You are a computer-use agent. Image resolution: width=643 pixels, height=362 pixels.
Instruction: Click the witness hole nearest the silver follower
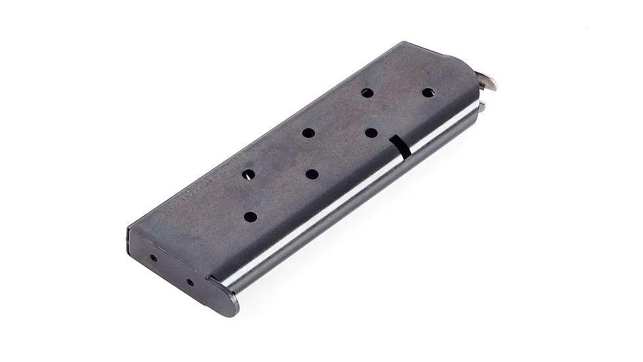pos(429,93)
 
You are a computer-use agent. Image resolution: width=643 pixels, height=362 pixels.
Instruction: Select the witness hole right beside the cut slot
pos(371,132)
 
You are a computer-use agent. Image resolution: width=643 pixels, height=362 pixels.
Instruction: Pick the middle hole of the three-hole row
pos(308,133)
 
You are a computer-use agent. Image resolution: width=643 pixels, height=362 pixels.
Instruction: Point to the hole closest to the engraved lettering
pos(249,174)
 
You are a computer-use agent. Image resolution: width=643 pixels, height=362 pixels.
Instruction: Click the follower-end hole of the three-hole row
pos(367,93)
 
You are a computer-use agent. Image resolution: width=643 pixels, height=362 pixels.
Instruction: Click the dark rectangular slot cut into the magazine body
pos(399,147)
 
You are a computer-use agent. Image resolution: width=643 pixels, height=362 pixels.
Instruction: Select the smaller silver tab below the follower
pos(481,105)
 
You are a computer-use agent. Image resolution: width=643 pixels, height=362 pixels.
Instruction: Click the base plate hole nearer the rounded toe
pos(190,282)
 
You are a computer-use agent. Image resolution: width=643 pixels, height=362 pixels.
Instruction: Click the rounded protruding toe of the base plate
pos(227,302)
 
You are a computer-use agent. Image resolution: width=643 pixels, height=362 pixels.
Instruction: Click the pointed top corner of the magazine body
pos(402,43)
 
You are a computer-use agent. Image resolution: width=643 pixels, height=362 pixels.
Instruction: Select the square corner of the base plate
pos(128,230)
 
